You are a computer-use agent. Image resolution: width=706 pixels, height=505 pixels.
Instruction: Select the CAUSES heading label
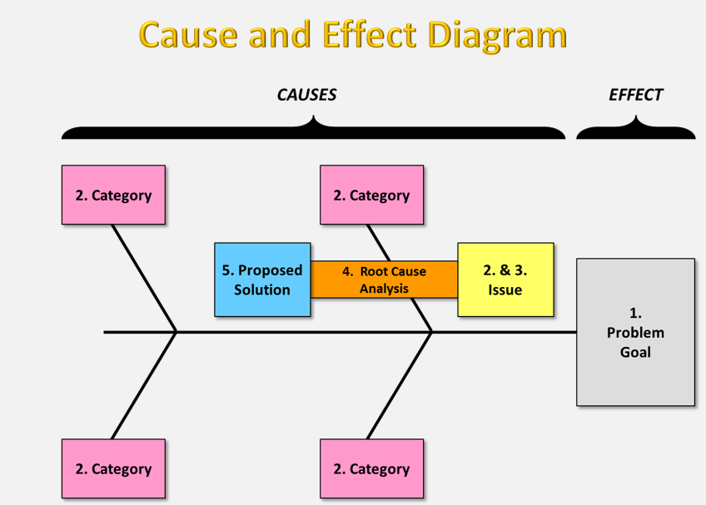306,95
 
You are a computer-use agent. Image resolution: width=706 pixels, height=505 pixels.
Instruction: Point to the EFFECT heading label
635,95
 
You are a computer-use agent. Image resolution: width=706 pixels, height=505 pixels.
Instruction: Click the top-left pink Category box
113,196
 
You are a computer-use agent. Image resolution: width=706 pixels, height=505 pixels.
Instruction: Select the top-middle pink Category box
371,196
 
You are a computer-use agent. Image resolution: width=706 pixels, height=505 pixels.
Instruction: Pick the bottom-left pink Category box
113,469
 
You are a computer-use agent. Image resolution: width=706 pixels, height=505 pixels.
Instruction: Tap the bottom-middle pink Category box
371,469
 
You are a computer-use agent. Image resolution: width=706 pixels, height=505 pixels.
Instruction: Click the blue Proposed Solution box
262,280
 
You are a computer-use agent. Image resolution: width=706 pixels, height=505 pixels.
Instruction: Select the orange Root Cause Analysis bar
384,280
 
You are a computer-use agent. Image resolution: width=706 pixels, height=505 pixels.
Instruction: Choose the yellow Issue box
505,280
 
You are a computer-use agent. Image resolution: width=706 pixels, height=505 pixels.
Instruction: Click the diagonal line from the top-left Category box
144,278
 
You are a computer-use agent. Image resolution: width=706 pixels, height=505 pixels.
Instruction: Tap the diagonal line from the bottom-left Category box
144,385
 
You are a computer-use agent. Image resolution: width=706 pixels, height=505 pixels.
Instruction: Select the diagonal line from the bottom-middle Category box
400,385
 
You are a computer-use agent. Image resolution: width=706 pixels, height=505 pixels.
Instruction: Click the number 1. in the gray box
635,313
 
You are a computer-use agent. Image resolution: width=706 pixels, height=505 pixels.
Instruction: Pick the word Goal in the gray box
635,352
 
